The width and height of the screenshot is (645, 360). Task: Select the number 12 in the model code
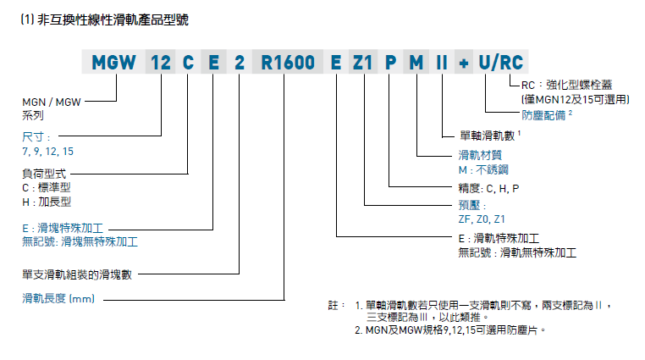pos(160,62)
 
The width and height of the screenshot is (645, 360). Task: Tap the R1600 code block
pos(288,62)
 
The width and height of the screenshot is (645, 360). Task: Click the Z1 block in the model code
pos(362,62)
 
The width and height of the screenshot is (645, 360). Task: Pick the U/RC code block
pos(500,62)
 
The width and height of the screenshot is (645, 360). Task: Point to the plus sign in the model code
pos(464,62)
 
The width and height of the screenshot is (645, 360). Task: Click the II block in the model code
pos(441,62)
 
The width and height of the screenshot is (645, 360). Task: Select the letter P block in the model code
pos(390,62)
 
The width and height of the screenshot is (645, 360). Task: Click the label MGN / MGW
pos(52,102)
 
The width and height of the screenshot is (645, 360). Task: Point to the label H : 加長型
pos(47,202)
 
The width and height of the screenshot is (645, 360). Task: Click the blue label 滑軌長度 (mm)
pos(58,297)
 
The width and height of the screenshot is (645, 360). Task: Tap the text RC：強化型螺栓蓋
pos(569,86)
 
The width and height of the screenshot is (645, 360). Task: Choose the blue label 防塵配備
pos(545,113)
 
